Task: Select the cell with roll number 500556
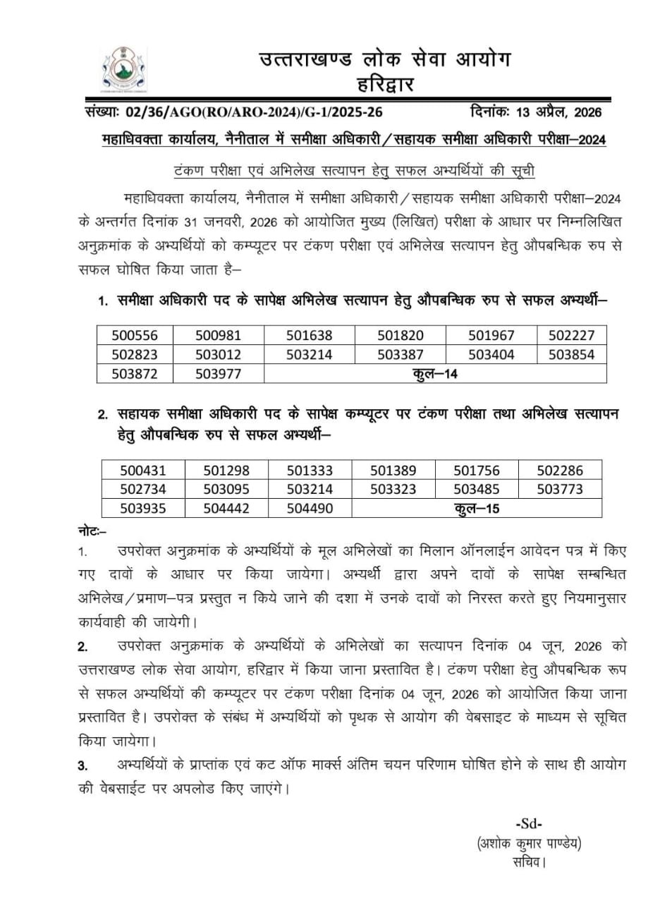pyautogui.click(x=135, y=335)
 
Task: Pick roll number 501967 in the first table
pyautogui.click(x=491, y=335)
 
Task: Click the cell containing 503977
pyautogui.click(x=219, y=374)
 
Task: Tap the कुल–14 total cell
pyautogui.click(x=435, y=374)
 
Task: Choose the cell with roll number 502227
pyautogui.click(x=571, y=335)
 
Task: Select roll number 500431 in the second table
pyautogui.click(x=143, y=471)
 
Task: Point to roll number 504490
pyautogui.click(x=310, y=508)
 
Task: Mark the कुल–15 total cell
pyautogui.click(x=477, y=508)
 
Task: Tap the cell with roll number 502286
pyautogui.click(x=560, y=471)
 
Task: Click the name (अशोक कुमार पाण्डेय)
pyautogui.click(x=530, y=843)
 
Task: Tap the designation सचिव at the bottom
pyautogui.click(x=530, y=862)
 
